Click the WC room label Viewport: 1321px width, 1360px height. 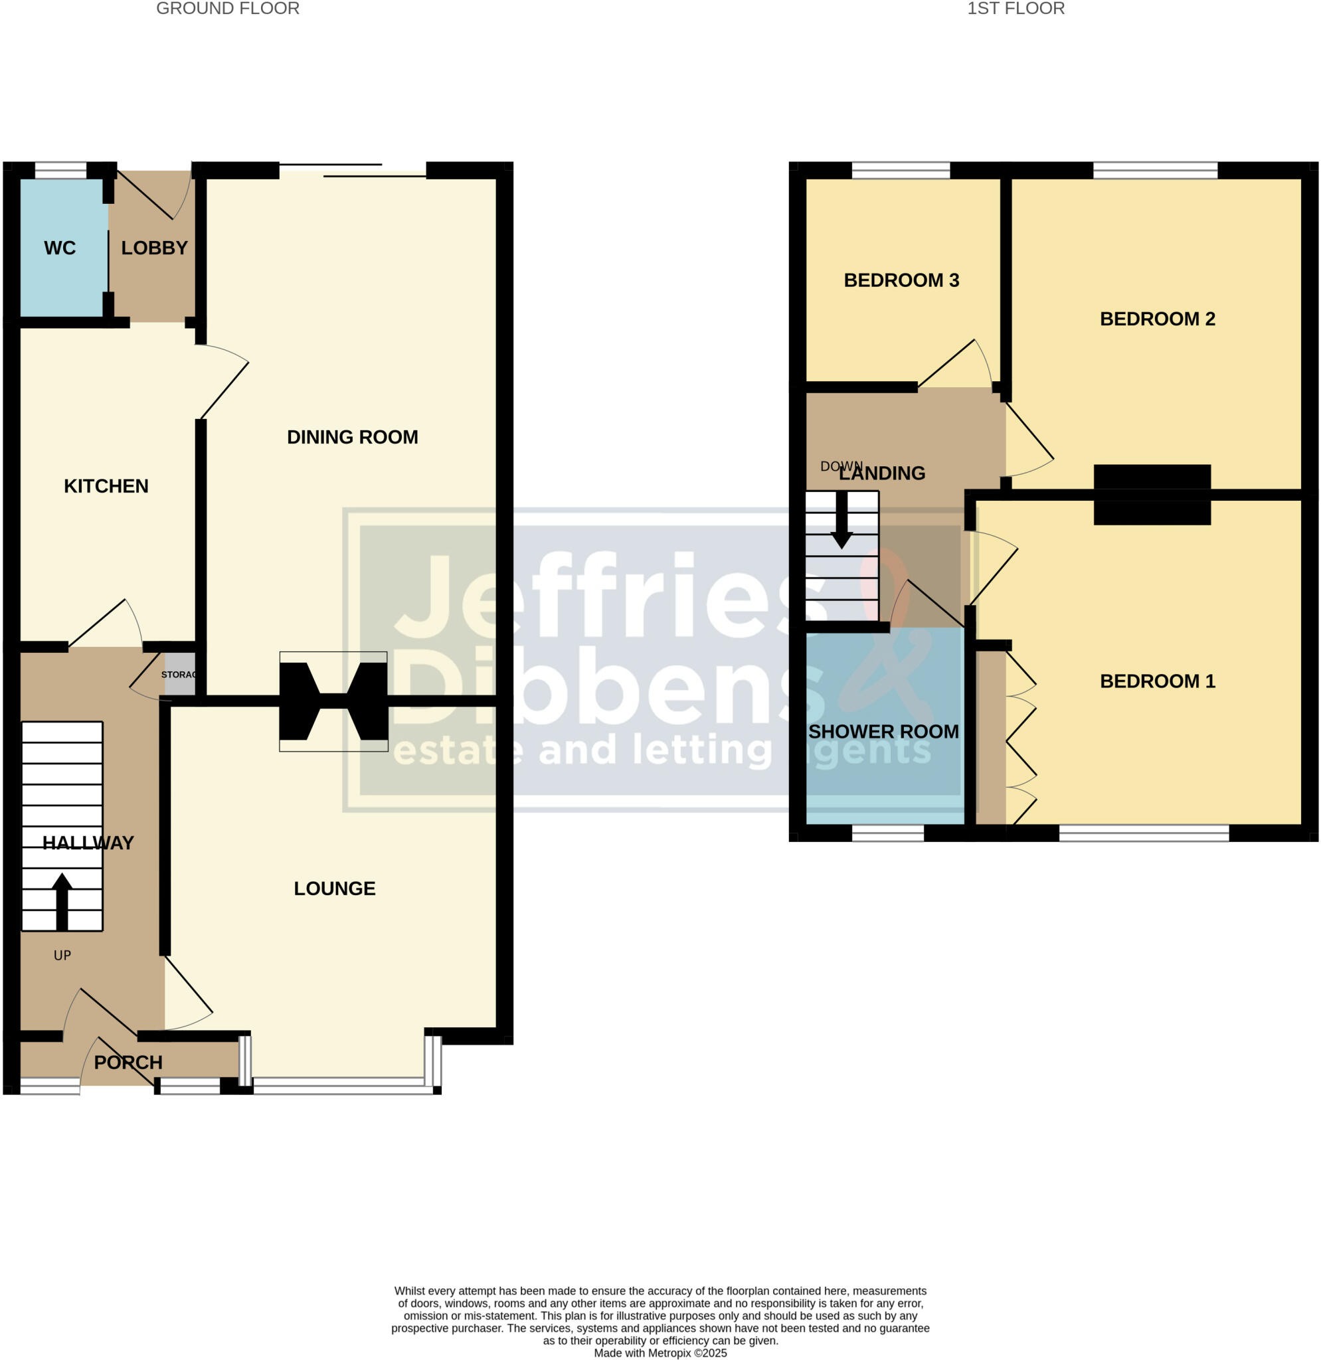point(60,248)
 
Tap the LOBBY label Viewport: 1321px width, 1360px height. point(154,248)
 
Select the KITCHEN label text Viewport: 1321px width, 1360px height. point(106,485)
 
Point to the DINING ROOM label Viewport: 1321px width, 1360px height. point(353,437)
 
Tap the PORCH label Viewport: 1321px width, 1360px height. point(128,1062)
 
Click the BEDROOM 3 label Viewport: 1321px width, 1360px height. point(901,280)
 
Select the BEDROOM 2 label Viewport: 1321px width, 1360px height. point(1157,319)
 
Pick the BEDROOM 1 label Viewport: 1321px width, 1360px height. point(1157,681)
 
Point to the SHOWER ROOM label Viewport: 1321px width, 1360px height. point(883,731)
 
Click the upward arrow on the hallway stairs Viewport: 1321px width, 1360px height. point(62,900)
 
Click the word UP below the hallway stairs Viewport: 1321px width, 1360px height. point(62,956)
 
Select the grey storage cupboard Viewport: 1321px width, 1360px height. point(179,674)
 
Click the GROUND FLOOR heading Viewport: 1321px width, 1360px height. point(228,9)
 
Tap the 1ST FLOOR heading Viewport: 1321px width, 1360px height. point(1015,9)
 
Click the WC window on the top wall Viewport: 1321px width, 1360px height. point(60,171)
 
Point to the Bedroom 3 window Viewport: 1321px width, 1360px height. point(901,171)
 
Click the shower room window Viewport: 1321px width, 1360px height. point(887,833)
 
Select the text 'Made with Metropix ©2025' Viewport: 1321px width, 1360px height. point(660,1353)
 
